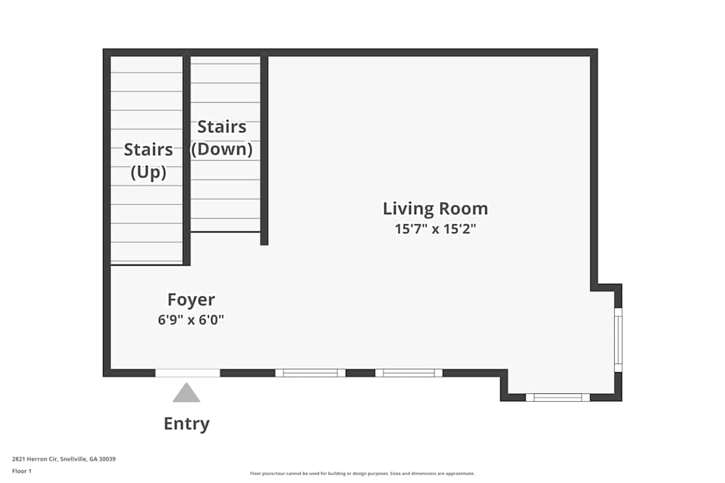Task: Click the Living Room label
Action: (x=435, y=209)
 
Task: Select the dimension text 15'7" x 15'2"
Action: (x=435, y=230)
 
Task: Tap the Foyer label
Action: (x=191, y=300)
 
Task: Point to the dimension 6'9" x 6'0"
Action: (x=191, y=320)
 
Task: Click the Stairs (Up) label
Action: (x=148, y=161)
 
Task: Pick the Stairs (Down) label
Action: (x=221, y=138)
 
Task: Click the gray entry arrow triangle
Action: (x=186, y=393)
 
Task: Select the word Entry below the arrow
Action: (x=186, y=424)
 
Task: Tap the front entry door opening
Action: (x=188, y=373)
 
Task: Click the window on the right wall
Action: (x=618, y=340)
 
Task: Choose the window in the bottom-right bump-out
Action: (x=558, y=397)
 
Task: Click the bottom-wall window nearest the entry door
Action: (x=310, y=373)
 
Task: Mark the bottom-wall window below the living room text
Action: (x=409, y=373)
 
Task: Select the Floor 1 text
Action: (x=22, y=471)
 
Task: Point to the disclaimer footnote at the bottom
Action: (x=362, y=474)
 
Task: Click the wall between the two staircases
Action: (x=186, y=159)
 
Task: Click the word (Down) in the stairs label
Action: (x=221, y=149)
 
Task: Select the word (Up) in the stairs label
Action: (x=148, y=172)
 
